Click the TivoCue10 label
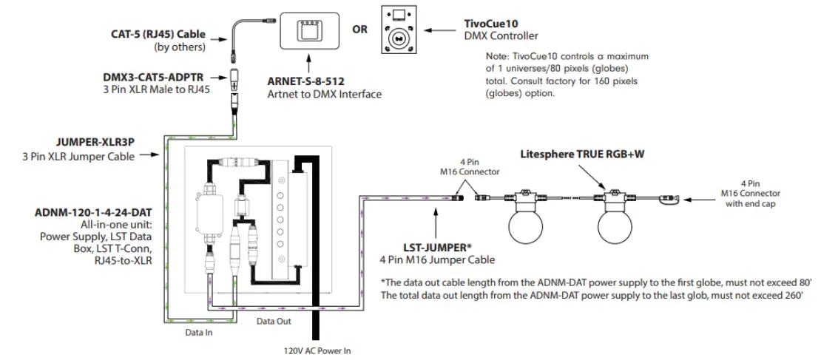pos(495,23)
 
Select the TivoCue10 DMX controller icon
pos(397,29)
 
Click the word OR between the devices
pos(359,30)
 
